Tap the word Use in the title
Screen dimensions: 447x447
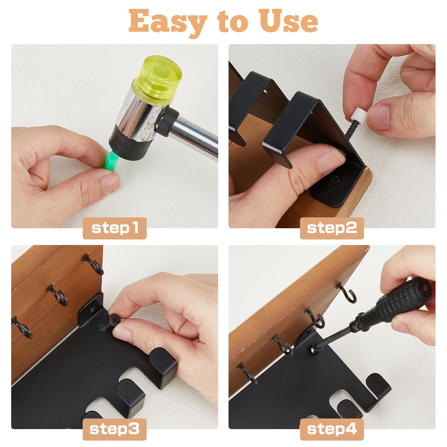(x=289, y=21)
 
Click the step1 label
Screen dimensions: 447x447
(x=115, y=228)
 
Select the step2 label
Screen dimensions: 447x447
(x=332, y=228)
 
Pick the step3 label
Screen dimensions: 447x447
(x=115, y=429)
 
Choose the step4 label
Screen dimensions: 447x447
(x=332, y=429)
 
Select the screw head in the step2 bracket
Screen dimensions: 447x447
(x=335, y=180)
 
